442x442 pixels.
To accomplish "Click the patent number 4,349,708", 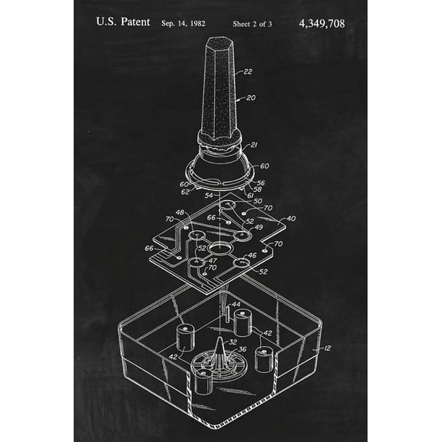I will point(321,23).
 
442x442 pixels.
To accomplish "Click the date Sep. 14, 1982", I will point(184,24).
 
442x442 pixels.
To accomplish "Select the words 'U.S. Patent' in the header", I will point(123,22).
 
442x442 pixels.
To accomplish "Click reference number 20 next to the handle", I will point(251,98).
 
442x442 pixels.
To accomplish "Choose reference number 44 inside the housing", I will point(236,305).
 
